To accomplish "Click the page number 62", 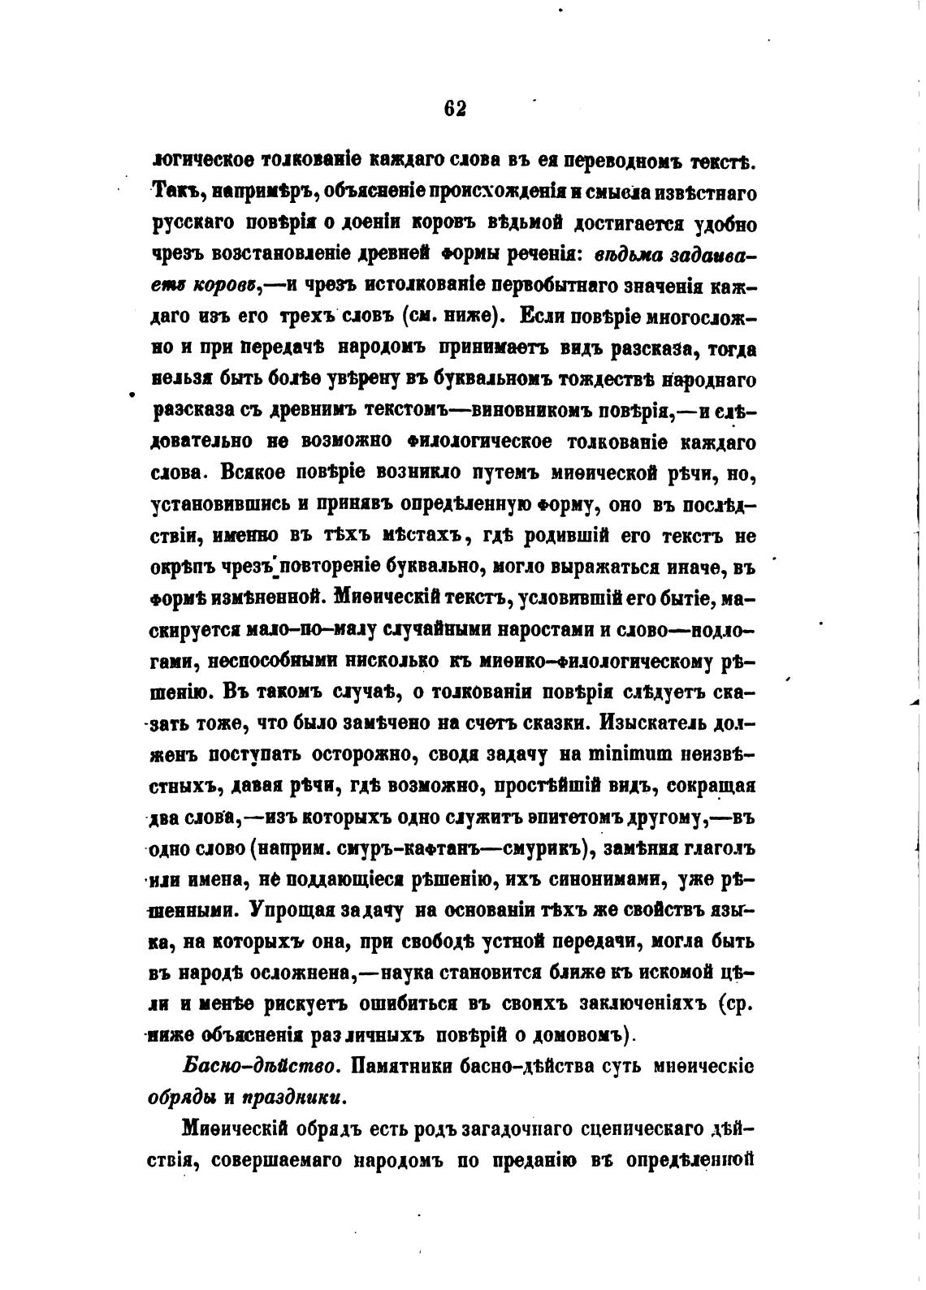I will click(x=455, y=109).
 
